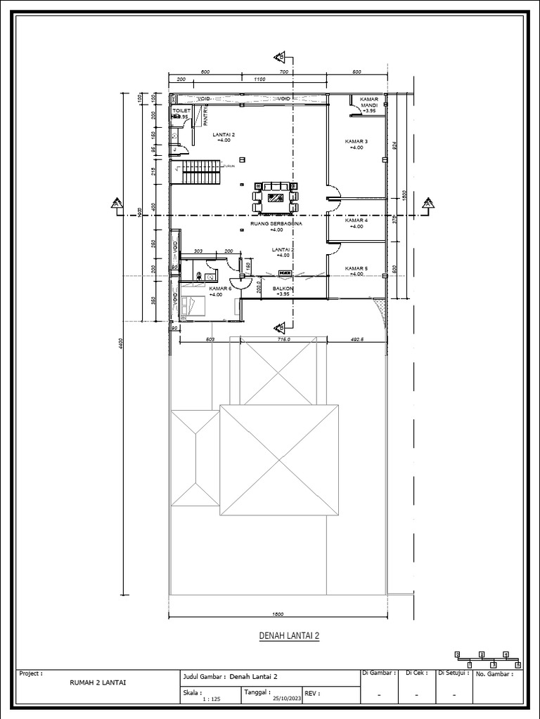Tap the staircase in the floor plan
point(197,172)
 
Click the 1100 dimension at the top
point(259,79)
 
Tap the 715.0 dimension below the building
point(283,338)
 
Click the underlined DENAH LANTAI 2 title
point(289,636)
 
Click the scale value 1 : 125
point(211,699)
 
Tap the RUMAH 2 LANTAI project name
point(98,682)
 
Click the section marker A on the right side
point(427,204)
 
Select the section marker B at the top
point(280,56)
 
